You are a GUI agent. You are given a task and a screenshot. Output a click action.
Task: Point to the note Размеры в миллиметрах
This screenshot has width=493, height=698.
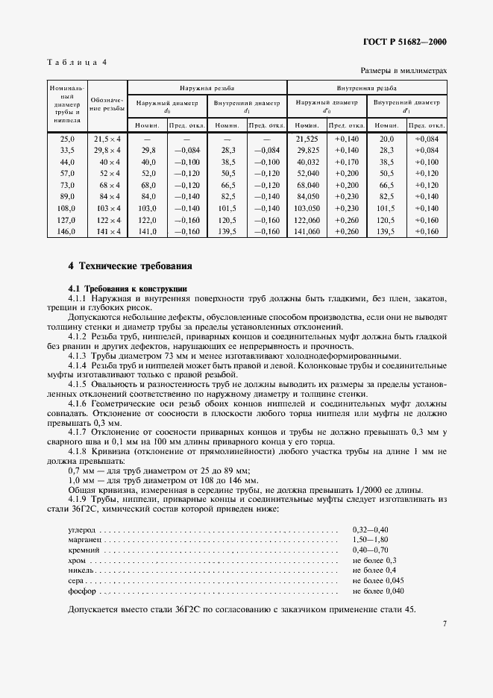click(x=403, y=70)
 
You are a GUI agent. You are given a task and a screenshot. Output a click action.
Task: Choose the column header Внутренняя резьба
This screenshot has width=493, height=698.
click(x=366, y=87)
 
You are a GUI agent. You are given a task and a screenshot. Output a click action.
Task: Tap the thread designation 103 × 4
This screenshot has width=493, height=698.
click(x=107, y=208)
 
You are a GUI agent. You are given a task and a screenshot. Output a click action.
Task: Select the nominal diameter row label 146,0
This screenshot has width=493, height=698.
click(x=67, y=231)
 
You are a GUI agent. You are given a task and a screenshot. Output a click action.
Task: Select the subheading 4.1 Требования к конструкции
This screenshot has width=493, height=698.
click(x=126, y=288)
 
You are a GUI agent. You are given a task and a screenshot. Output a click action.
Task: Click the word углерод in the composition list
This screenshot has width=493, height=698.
click(x=82, y=529)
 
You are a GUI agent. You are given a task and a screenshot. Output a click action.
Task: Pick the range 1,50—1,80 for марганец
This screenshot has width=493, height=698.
click(x=371, y=539)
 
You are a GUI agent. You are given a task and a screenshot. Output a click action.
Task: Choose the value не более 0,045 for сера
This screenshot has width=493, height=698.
click(x=378, y=580)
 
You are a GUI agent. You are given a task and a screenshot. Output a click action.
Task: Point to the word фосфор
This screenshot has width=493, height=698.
click(x=82, y=591)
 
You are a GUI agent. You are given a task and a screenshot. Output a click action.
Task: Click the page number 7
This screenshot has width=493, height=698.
click(x=444, y=623)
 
